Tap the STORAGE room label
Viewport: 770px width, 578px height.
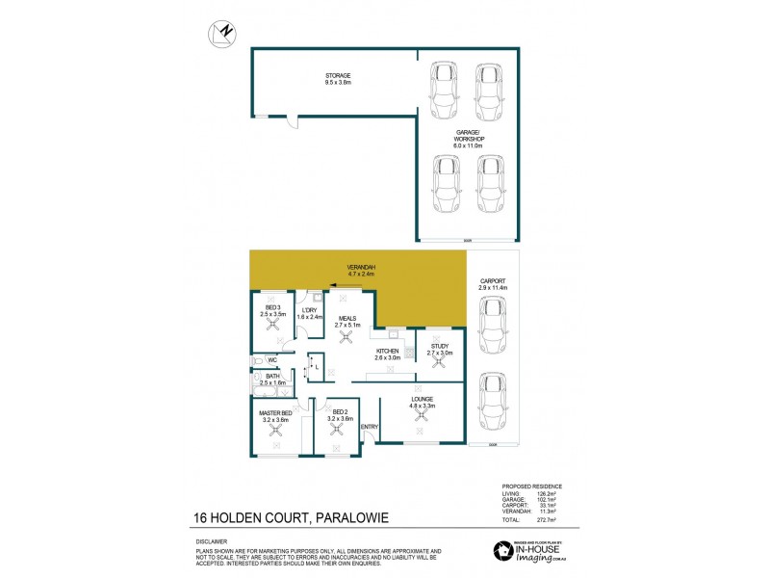pyautogui.click(x=337, y=75)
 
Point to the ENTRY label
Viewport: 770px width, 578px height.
pyautogui.click(x=370, y=427)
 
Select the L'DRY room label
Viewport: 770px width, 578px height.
pyautogui.click(x=308, y=309)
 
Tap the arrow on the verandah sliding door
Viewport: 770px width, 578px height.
pyautogui.click(x=333, y=285)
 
